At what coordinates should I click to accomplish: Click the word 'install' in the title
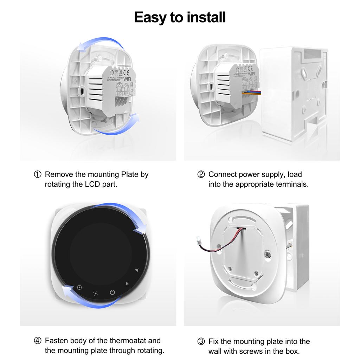click(203, 17)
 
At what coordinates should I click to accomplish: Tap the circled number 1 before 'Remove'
click(37, 174)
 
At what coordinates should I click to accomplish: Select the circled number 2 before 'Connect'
click(201, 174)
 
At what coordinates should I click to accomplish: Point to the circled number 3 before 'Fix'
click(201, 341)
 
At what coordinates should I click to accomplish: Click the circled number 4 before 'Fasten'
click(37, 340)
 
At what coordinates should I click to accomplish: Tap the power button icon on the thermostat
click(112, 292)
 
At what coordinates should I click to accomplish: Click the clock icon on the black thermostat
click(80, 288)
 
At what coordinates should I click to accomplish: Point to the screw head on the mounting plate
click(268, 253)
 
